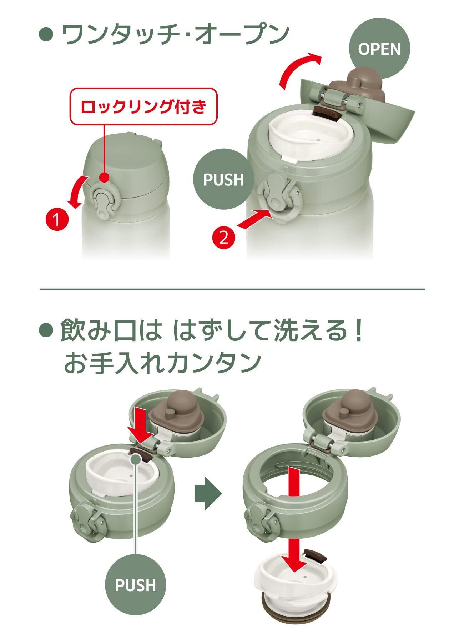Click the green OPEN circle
(x=379, y=49)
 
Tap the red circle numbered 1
(x=56, y=220)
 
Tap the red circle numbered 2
(x=224, y=238)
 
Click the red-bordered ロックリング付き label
(x=143, y=106)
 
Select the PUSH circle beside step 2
(x=224, y=179)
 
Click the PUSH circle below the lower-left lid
(x=135, y=585)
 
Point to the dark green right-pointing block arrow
(x=208, y=494)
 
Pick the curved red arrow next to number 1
(x=79, y=192)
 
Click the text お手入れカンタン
(x=161, y=362)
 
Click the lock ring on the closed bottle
(x=104, y=201)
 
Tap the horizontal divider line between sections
(x=232, y=289)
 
